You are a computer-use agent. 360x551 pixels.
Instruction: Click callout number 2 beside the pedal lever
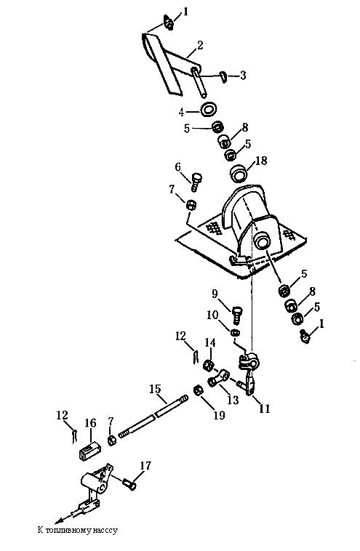[200, 45]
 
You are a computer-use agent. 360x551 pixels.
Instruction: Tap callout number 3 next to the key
[243, 75]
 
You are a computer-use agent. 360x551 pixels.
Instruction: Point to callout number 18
[261, 161]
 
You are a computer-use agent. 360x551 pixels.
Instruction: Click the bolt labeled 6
[196, 182]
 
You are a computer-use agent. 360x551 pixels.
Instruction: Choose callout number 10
[212, 315]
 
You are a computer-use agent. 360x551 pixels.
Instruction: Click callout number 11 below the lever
[265, 409]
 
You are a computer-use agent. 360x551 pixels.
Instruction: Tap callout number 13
[233, 400]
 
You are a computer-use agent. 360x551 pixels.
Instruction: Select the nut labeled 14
[209, 365]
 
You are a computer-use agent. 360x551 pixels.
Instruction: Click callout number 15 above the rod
[155, 389]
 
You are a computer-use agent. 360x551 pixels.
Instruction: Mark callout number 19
[219, 415]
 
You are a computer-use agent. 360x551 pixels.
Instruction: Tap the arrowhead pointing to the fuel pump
[60, 520]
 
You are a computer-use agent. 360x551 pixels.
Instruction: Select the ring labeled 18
[238, 174]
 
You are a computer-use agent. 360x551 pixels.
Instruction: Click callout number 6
[178, 166]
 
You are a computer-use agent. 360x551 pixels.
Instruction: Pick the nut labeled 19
[199, 390]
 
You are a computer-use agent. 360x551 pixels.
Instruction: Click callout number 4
[181, 113]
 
